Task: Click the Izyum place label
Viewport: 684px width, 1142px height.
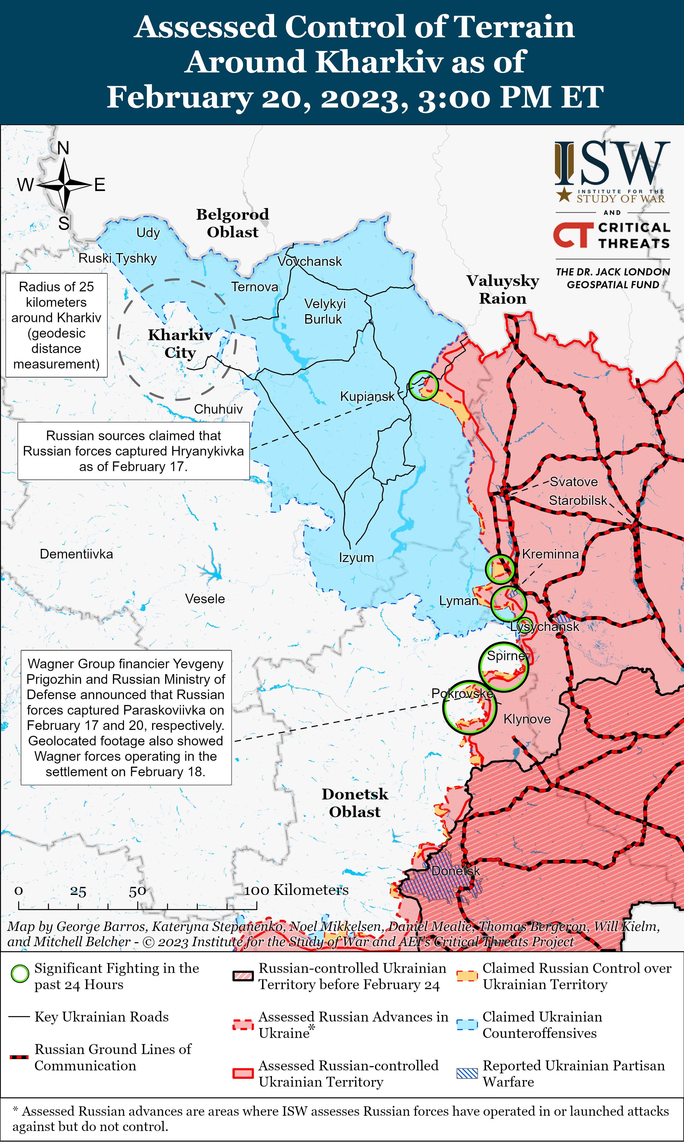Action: (356, 558)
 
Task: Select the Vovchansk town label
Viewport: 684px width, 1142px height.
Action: (310, 261)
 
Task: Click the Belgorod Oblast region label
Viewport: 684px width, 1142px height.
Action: (233, 223)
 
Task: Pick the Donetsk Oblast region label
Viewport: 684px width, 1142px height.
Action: (355, 803)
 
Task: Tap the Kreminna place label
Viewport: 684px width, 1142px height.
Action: (550, 554)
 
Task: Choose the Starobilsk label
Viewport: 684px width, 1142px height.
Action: (578, 501)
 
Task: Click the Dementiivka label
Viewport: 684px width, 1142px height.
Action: (76, 554)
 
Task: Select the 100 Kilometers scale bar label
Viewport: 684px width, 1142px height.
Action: (296, 890)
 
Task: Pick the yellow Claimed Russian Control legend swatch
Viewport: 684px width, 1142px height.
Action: (467, 976)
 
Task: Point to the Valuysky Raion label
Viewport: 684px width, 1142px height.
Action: (503, 289)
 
